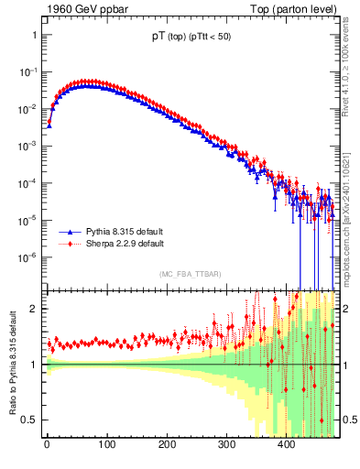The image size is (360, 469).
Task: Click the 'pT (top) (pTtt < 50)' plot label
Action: click(x=191, y=38)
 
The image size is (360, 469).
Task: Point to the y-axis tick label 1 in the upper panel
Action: click(x=34, y=35)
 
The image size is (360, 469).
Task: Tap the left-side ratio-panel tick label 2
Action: click(x=34, y=309)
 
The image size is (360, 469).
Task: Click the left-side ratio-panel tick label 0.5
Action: click(x=29, y=420)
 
